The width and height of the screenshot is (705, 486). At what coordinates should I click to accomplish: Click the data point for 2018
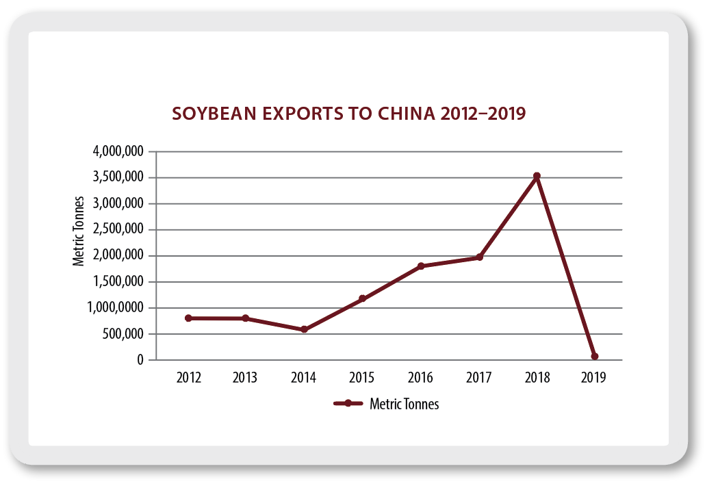[537, 176]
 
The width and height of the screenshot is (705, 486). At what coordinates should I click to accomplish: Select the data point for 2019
[595, 356]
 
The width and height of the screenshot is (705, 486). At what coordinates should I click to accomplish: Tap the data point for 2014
[304, 329]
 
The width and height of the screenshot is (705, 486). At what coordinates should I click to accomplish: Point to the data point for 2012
[188, 318]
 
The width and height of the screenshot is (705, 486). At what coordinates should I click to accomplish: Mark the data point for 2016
[420, 266]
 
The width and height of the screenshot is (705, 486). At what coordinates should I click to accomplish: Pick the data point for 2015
[362, 298]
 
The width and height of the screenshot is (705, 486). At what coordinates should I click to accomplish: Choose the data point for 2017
[479, 257]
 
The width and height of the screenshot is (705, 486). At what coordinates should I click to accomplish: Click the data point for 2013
[246, 318]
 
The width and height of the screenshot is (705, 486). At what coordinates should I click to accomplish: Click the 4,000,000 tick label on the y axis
[118, 152]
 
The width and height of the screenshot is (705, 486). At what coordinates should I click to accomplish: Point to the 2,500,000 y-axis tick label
[118, 230]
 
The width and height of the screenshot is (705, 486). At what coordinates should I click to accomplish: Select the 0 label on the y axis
[140, 360]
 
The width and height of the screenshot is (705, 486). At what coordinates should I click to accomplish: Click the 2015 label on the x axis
[362, 378]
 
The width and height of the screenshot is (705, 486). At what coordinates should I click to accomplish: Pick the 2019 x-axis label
[594, 378]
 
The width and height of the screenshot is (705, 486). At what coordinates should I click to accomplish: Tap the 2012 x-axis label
[188, 378]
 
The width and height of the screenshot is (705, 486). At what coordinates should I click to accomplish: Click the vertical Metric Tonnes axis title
[79, 231]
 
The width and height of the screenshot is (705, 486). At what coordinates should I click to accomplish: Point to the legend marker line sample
[348, 404]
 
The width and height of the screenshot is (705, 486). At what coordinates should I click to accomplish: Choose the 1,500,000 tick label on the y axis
[118, 282]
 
